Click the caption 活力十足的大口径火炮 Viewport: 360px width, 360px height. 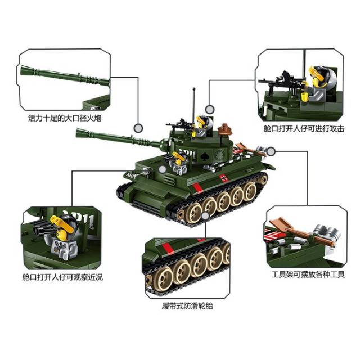(65, 118)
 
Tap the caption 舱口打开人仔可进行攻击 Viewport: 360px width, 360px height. (304, 129)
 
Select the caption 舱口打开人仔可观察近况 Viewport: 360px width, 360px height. (62, 277)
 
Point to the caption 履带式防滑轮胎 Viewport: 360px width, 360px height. (187, 306)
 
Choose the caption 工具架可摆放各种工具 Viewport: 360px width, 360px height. (308, 274)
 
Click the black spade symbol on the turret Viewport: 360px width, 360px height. (204, 156)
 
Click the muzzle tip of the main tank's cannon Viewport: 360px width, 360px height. (76, 132)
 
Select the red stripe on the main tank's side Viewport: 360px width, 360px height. (197, 188)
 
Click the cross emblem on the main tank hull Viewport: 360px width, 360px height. (223, 178)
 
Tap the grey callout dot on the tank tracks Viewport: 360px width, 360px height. (205, 216)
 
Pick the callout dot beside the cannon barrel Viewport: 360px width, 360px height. (138, 128)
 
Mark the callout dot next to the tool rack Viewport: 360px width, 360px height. (271, 151)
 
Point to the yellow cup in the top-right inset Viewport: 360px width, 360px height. (305, 97)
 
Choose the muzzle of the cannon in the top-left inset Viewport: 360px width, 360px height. (22, 69)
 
